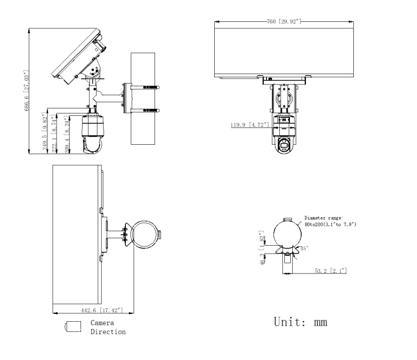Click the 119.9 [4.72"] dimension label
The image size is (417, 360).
click(249, 125)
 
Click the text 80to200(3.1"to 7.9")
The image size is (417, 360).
click(330, 224)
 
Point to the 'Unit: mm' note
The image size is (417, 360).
click(301, 322)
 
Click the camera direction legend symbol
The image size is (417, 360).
click(72, 326)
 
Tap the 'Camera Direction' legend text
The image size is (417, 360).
click(107, 327)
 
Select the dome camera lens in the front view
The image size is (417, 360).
click(285, 144)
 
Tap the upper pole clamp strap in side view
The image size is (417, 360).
click(145, 88)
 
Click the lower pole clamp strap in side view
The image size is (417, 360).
click(145, 110)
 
